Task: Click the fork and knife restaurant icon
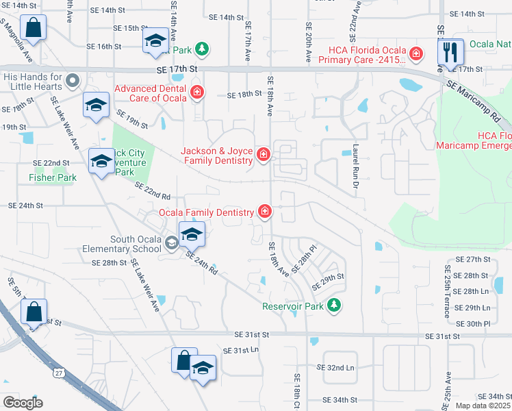click(450, 51)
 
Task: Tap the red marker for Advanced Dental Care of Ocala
click(197, 92)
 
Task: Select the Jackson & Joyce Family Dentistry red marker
click(263, 155)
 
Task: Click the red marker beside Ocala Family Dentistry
click(264, 212)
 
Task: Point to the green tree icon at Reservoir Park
click(334, 306)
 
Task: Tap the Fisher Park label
click(52, 177)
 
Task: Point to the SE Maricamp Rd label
click(476, 98)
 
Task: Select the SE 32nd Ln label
click(335, 368)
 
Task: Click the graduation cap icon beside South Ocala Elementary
click(192, 234)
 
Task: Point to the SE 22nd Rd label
click(151, 191)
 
